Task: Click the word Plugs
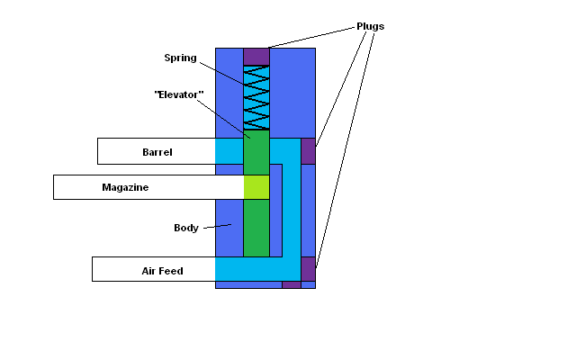pos(369,26)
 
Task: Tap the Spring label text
pos(180,58)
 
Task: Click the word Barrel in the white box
pos(157,152)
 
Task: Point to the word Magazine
pos(124,188)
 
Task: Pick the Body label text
pos(186,228)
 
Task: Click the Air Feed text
pos(162,270)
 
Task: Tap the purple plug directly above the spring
pos(256,57)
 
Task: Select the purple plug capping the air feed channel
pos(308,268)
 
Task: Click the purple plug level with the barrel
pos(308,151)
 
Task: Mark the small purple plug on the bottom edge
pos(291,284)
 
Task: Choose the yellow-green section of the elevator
pos(256,187)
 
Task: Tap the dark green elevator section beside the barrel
pos(256,152)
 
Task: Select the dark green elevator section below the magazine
pos(256,228)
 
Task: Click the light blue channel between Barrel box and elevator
pos(229,151)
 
